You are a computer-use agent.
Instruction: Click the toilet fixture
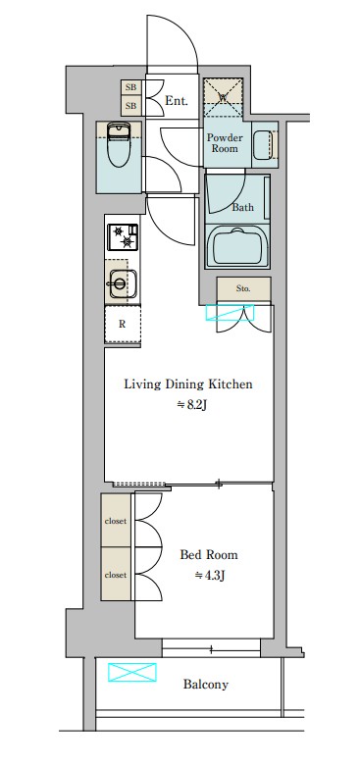118,144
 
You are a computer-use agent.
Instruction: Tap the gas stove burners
123,236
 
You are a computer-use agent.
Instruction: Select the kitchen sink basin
122,282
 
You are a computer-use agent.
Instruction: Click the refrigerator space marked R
123,324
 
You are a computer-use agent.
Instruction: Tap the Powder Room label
225,143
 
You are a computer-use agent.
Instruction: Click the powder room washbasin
264,144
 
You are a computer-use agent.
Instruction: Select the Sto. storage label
243,288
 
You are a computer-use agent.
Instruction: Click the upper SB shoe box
130,87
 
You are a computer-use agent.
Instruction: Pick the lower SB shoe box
130,106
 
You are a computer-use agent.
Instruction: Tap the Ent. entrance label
177,101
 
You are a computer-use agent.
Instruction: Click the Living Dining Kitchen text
188,383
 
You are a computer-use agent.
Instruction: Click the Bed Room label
209,555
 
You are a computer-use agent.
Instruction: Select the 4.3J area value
210,576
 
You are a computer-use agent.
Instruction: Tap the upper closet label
116,521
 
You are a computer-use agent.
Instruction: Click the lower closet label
116,575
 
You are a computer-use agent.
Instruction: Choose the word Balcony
206,685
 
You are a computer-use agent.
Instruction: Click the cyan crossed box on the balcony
131,672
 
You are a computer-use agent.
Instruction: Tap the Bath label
242,207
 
